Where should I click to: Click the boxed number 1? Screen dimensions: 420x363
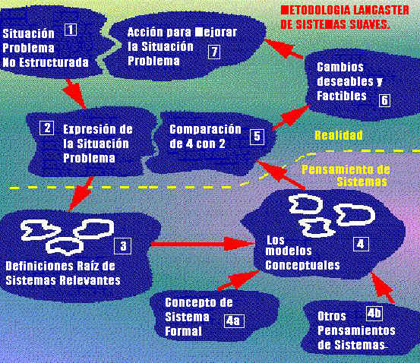71,30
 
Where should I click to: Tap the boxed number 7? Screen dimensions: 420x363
214,52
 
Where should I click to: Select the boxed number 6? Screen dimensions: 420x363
384,100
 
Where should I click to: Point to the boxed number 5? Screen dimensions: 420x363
257,137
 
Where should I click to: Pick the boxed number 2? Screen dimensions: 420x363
46,128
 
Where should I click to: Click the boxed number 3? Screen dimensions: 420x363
123,246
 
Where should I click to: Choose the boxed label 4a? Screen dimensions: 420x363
234,320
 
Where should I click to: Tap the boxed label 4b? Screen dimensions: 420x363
374,314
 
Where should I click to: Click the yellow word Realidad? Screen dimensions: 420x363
339,135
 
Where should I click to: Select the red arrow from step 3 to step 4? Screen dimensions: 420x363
202,244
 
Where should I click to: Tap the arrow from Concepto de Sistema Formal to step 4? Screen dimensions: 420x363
238,280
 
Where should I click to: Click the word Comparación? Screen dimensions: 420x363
206,129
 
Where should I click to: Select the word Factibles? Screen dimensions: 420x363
342,96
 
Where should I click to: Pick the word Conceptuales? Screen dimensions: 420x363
302,265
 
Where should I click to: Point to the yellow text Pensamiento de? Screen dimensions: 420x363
346,169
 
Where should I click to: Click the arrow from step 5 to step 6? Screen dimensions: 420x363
291,117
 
